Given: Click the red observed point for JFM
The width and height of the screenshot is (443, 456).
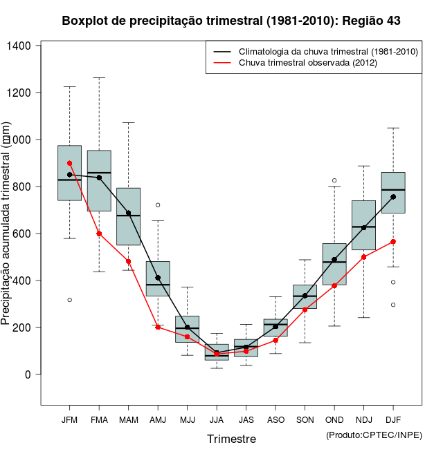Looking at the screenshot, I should point(70,163).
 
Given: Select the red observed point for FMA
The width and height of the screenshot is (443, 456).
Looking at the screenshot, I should point(99,234).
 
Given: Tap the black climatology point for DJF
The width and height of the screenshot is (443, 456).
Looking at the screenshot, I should point(393,197).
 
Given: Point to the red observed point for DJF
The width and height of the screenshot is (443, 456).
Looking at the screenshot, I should point(393,242).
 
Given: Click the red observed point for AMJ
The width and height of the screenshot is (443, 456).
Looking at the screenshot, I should point(158,327).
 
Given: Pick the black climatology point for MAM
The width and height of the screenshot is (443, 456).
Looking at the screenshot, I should point(129,213).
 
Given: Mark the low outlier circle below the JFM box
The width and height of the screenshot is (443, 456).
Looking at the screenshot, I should point(70,300).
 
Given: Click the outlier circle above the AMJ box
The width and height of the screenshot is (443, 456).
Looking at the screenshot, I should point(158,205).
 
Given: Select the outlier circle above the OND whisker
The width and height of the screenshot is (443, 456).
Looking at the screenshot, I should point(334,181).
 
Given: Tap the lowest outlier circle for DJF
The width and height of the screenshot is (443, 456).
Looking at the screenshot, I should point(393,305).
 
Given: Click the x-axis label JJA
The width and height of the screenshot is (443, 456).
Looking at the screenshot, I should point(217,420).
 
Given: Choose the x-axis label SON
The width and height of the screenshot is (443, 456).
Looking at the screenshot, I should point(305,420).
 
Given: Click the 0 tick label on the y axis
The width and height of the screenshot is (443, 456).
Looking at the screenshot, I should point(28,374).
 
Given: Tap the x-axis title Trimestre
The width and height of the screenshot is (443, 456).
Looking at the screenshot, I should point(231,439).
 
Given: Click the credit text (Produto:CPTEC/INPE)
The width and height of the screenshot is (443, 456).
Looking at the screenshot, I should point(374,435).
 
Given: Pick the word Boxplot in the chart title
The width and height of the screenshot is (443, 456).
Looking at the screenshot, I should point(85,21).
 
